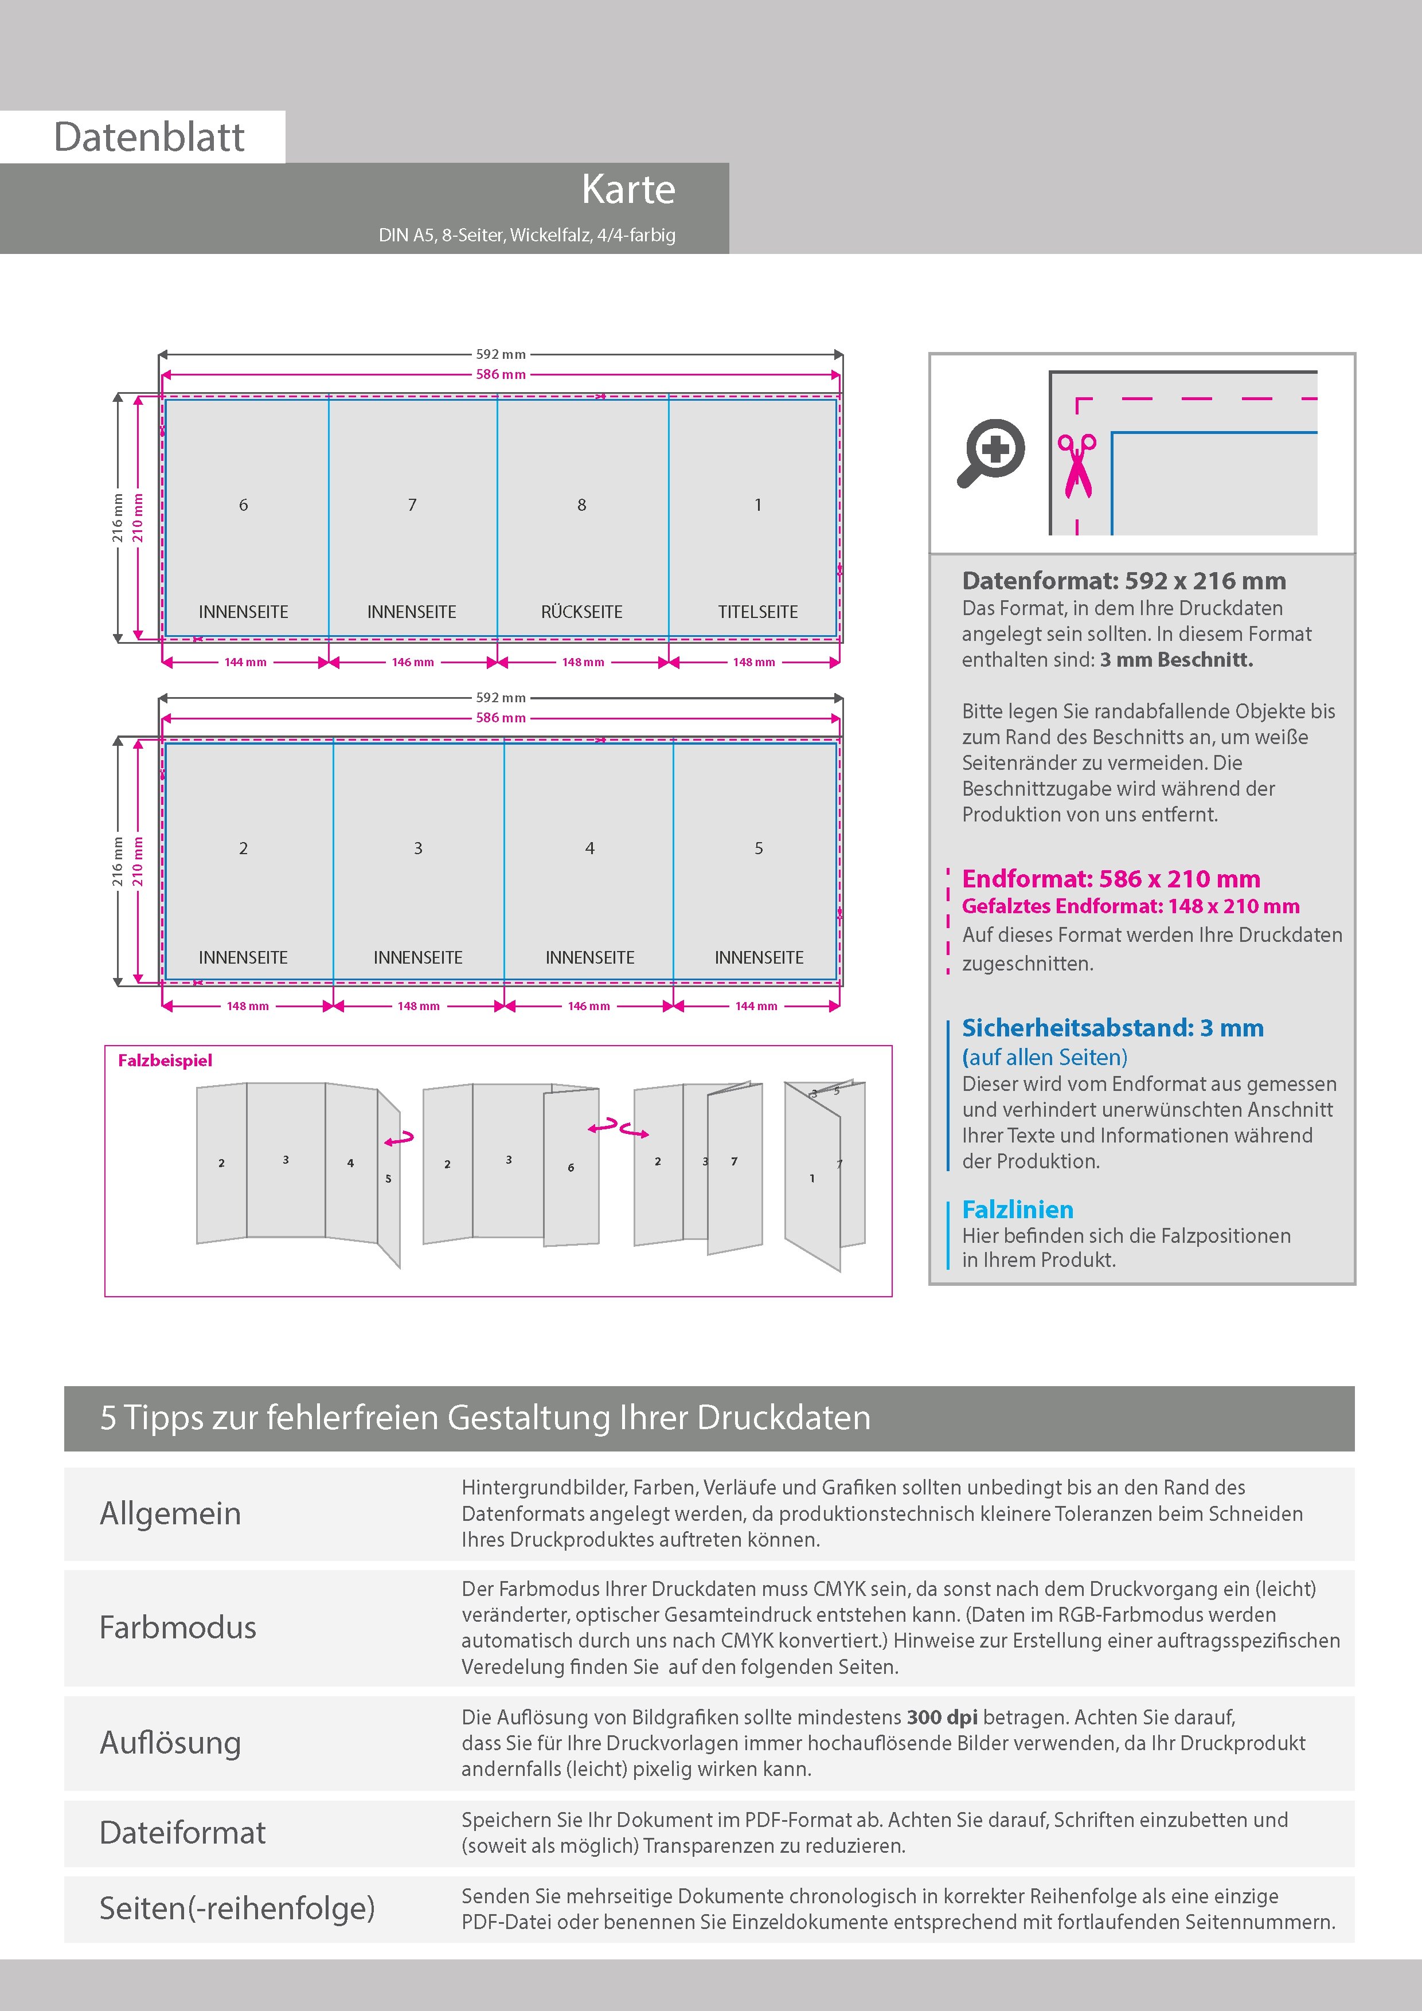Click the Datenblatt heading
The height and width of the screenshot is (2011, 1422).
point(149,136)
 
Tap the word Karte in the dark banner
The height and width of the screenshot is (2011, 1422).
point(628,189)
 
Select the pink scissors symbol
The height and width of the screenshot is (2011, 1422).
point(1077,464)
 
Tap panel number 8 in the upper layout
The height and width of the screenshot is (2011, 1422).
point(582,504)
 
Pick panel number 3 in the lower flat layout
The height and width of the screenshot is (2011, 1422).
point(418,848)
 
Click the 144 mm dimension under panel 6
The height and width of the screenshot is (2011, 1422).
point(245,662)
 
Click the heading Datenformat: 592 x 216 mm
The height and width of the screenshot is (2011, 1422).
point(1124,581)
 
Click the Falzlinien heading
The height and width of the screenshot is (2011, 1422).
point(1017,1210)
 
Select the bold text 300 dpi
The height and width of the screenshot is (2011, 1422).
point(942,1717)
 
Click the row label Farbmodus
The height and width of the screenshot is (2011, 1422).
point(178,1627)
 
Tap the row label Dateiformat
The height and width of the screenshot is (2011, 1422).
point(182,1832)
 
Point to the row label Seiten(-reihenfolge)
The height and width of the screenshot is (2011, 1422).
point(237,1908)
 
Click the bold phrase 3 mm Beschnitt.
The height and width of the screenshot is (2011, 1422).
point(1177,659)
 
